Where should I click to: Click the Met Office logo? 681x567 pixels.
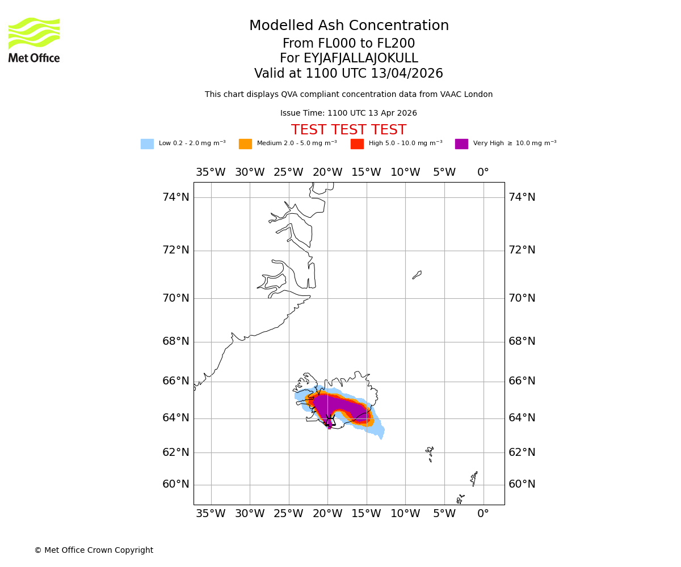[34, 40]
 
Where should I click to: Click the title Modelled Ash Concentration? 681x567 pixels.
[348, 26]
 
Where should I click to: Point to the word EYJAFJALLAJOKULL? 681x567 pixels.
[361, 58]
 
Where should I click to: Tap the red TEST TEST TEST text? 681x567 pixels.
[348, 130]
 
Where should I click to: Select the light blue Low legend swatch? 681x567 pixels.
[147, 144]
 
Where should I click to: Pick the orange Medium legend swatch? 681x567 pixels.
[245, 144]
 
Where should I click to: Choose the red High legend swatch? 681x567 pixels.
[357, 144]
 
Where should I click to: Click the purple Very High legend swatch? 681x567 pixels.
[461, 144]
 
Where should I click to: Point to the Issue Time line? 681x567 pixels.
[348, 113]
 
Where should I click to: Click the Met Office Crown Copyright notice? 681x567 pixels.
[94, 551]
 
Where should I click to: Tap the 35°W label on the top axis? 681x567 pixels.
[211, 172]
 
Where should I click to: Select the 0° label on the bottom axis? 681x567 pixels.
[483, 514]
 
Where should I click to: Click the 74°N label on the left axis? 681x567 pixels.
[176, 197]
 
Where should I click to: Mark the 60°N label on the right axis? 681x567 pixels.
[522, 484]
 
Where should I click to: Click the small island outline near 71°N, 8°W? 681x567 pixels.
[417, 275]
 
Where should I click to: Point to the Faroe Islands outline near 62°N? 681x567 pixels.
[430, 454]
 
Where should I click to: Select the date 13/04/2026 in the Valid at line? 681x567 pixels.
[407, 74]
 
